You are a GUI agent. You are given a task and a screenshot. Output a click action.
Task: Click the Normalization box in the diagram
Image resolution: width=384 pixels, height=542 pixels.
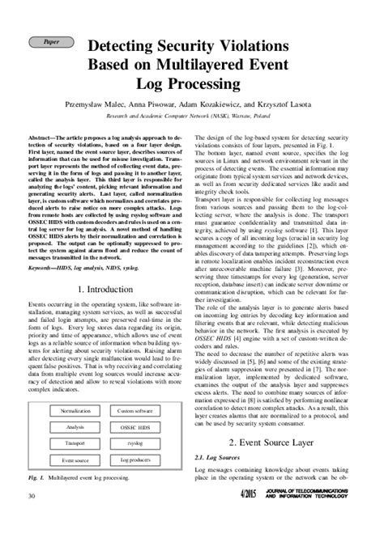(x=75, y=411)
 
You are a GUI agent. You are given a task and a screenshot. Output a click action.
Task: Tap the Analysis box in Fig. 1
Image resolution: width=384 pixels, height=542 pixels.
(x=75, y=426)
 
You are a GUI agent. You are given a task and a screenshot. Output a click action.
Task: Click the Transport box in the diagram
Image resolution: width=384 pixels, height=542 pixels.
(x=75, y=443)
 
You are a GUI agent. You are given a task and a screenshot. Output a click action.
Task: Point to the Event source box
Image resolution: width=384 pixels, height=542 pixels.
(x=75, y=459)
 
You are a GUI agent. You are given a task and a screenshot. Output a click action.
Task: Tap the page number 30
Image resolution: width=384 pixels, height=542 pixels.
(x=31, y=519)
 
